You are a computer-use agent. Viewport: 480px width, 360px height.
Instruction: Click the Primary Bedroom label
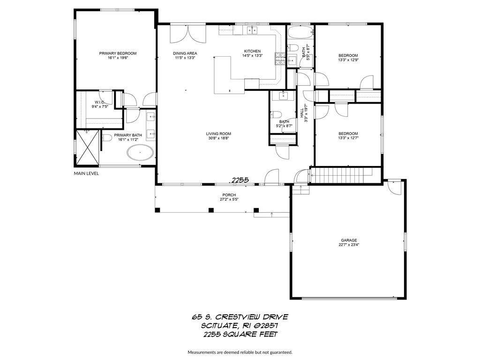pos(118,53)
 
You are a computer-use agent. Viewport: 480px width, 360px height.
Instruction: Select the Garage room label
pos(349,240)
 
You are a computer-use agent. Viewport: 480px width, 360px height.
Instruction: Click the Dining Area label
pos(185,53)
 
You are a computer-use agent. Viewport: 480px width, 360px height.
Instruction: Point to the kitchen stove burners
pos(280,59)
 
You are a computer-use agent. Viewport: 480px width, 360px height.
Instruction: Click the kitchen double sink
pos(252,30)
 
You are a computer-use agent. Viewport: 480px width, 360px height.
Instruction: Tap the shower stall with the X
pos(88,148)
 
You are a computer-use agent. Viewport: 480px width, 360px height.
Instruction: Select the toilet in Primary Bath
pos(106,138)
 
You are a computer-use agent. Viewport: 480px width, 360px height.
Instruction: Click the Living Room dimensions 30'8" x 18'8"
pos(218,138)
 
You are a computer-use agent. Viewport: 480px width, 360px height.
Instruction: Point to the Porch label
pos(229,195)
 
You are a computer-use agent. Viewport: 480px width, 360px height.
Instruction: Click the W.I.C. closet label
pos(100,102)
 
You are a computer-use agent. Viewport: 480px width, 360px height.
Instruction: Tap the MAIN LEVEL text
pos(86,173)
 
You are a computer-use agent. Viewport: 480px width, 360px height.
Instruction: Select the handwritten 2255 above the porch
pos(240,180)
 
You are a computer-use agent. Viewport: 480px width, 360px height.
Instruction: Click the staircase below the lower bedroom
pos(342,175)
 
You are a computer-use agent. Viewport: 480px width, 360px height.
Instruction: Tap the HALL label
pos(302,113)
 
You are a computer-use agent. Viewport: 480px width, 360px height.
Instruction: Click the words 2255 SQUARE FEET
pos(240,334)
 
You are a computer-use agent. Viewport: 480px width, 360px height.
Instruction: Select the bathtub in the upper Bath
pos(300,33)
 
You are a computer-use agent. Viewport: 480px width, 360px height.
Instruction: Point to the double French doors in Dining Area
pos(187,34)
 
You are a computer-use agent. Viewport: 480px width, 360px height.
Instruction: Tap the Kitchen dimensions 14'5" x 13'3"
pos(253,56)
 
